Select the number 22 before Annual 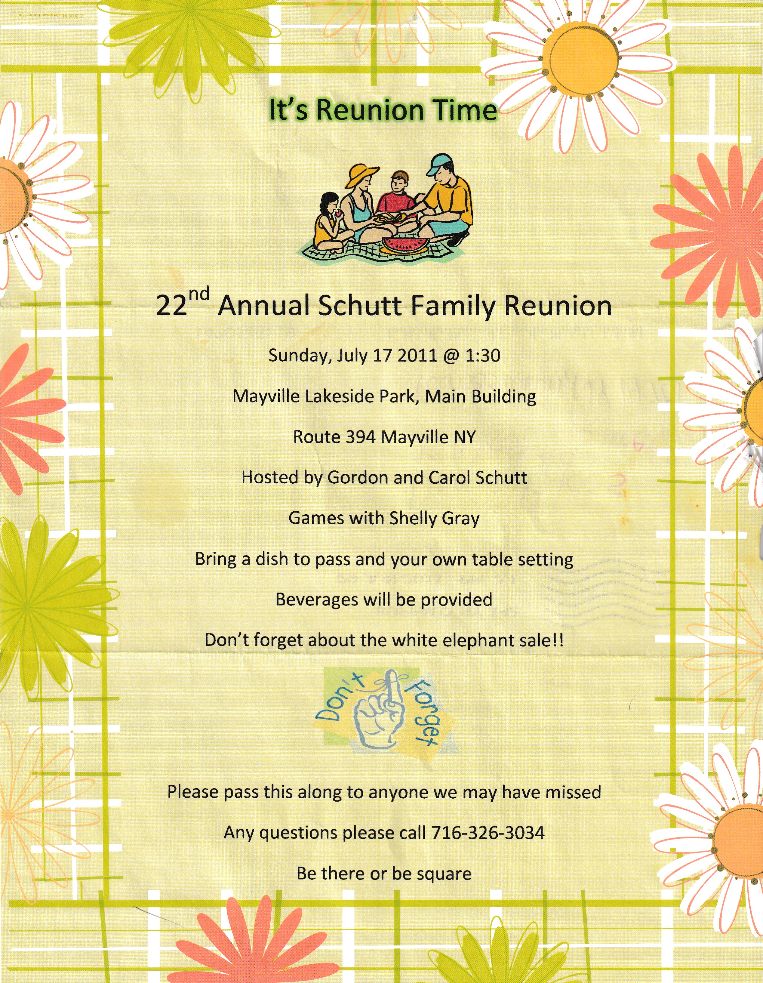pyautogui.click(x=171, y=306)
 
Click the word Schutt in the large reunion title pyautogui.click(x=360, y=306)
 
